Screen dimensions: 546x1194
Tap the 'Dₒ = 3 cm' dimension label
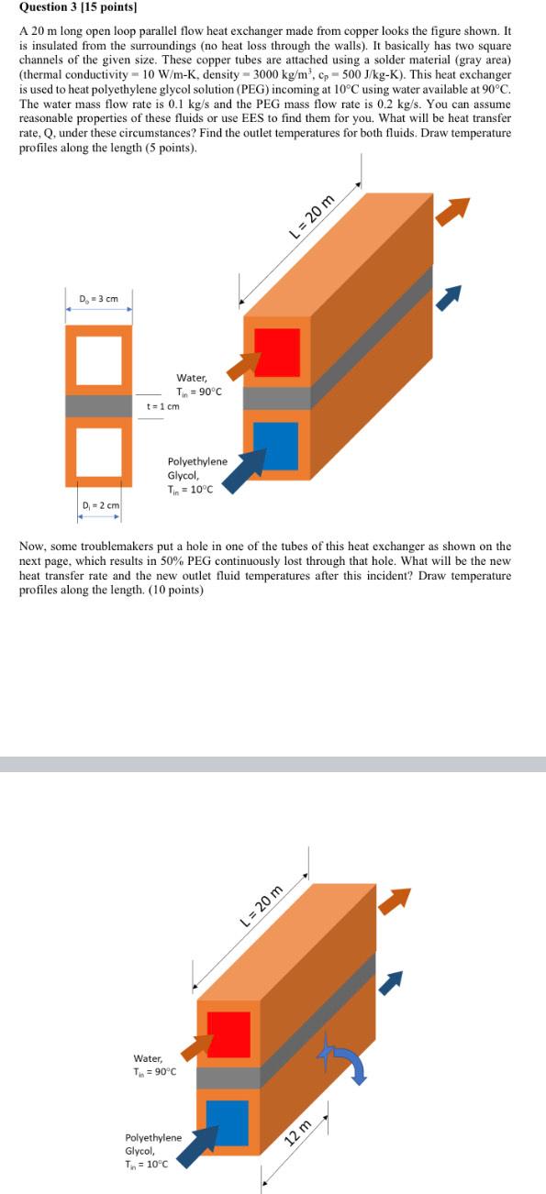pos(98,298)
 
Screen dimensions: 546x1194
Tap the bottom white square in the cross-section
pos(99,452)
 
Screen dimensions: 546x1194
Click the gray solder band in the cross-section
pos(99,406)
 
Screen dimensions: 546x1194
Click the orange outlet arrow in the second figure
pos(394,901)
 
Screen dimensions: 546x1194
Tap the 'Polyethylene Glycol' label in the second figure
pos(153,1144)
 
